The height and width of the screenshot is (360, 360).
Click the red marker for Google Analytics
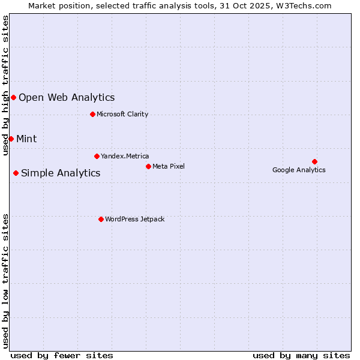[x=314, y=161]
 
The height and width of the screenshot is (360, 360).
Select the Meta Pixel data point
[x=148, y=166]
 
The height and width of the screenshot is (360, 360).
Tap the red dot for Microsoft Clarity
[x=92, y=114]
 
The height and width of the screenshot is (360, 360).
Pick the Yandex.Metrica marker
[x=97, y=156]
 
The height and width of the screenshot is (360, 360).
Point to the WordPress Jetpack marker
[x=101, y=219]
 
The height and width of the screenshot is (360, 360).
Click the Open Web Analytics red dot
[x=13, y=97]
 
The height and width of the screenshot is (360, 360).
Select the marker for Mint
[x=11, y=139]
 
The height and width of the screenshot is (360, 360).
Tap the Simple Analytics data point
[x=16, y=173]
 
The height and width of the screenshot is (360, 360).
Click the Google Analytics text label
[x=299, y=170]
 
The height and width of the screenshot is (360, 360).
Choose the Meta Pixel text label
[x=169, y=166]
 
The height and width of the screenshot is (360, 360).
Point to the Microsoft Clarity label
[x=122, y=114]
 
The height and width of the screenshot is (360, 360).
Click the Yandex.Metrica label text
[x=125, y=156]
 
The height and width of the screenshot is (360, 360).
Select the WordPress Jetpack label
[x=134, y=219]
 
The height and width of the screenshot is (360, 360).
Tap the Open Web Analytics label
[x=67, y=97]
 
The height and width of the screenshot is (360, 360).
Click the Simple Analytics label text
[x=61, y=173]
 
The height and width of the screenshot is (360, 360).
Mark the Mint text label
[x=26, y=139]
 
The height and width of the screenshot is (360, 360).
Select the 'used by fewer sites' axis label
[x=62, y=355]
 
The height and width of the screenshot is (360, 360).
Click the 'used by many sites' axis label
[x=301, y=355]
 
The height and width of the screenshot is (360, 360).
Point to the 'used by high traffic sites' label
[x=6, y=85]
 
